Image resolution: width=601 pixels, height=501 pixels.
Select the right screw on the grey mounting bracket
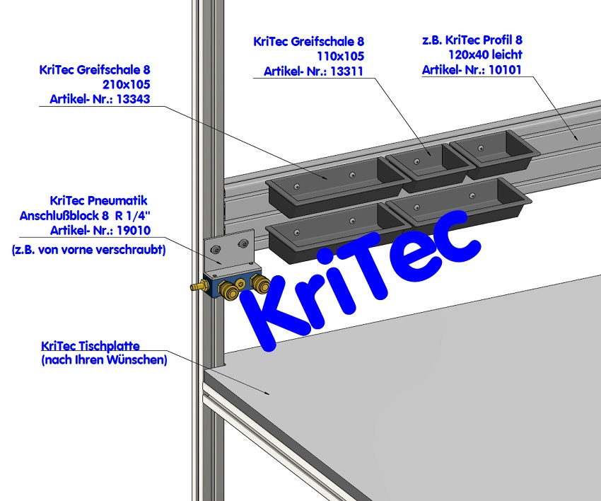pos(245,244)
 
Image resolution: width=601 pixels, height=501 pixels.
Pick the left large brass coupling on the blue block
pos(228,289)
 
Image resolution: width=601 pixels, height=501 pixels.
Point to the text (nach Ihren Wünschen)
pos(104,360)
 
